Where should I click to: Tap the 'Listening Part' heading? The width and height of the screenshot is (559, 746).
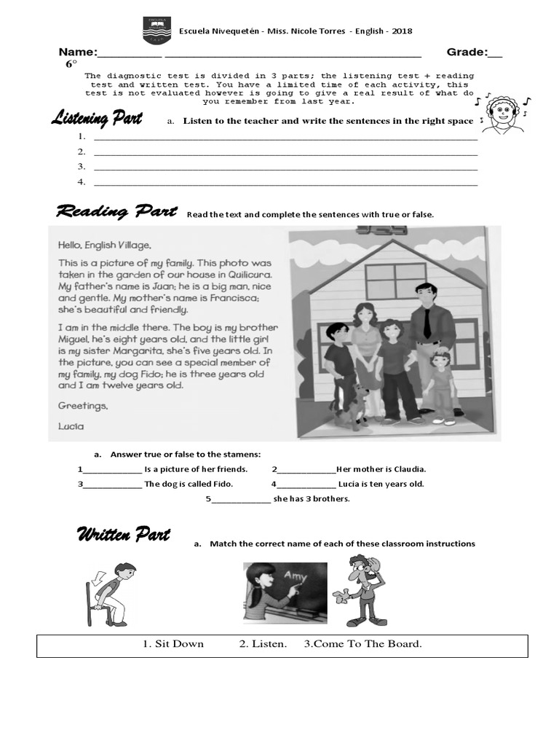pyautogui.click(x=96, y=119)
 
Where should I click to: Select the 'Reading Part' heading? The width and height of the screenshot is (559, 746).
pyautogui.click(x=116, y=212)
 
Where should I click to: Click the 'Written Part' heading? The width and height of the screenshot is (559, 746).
pyautogui.click(x=123, y=535)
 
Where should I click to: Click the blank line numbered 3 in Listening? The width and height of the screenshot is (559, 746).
pyautogui.click(x=285, y=167)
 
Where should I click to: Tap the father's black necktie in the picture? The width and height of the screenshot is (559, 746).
pyautogui.click(x=427, y=321)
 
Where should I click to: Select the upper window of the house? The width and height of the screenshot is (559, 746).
pyautogui.click(x=395, y=281)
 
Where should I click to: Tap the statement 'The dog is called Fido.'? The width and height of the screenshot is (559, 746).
pyautogui.click(x=178, y=484)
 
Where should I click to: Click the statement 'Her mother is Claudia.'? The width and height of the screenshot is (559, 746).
pyautogui.click(x=381, y=469)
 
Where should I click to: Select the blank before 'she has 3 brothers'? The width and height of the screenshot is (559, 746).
pyautogui.click(x=241, y=499)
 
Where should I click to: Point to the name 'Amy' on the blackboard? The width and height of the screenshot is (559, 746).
pyautogui.click(x=295, y=577)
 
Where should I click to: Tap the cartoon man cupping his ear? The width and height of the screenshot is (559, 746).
pyautogui.click(x=362, y=590)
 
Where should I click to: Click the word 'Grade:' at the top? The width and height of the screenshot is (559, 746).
pyautogui.click(x=466, y=52)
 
